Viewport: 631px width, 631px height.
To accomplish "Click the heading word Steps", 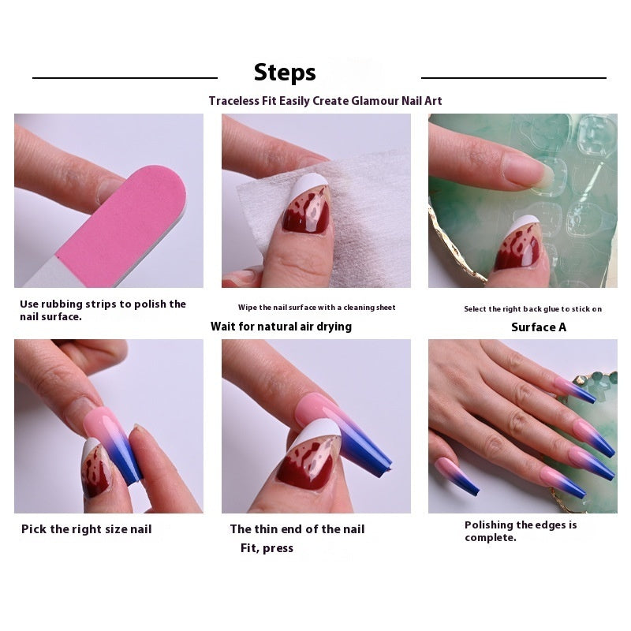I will tap(285, 73).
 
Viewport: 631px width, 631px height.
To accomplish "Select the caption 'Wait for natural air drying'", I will tap(281, 327).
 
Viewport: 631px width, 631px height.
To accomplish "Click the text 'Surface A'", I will tap(538, 327).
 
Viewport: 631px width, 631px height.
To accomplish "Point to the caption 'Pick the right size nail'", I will tap(86, 529).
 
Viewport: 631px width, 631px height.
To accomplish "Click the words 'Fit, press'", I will tap(267, 548).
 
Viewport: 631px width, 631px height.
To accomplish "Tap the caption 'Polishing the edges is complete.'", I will tap(521, 531).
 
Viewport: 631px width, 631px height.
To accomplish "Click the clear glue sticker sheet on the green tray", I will tap(580, 189).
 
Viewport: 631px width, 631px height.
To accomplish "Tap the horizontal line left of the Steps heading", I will tap(125, 78).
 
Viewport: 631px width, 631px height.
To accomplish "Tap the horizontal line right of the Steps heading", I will tap(513, 78).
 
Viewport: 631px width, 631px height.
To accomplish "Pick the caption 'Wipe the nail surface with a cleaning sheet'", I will tap(316, 308).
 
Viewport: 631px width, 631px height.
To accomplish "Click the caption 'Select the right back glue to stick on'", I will tap(532, 309).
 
